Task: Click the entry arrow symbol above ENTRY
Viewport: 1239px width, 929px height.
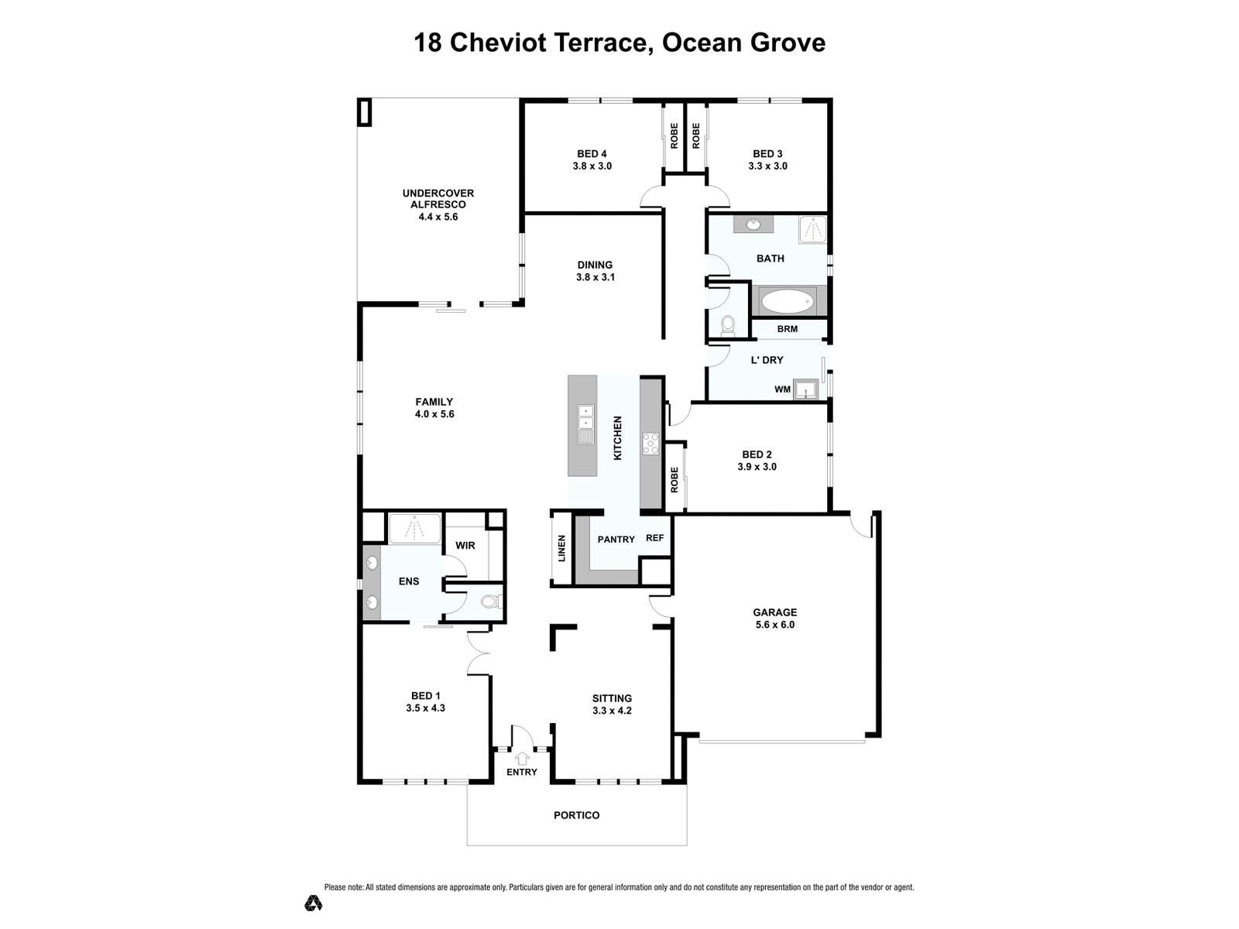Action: pyautogui.click(x=522, y=758)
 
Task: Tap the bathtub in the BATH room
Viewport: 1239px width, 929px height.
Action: pyautogui.click(x=788, y=301)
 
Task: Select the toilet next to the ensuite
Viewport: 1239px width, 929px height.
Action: pyautogui.click(x=489, y=602)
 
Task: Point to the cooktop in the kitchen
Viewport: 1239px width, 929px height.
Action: pyautogui.click(x=650, y=443)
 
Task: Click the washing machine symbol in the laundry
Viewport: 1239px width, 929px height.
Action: pyautogui.click(x=805, y=389)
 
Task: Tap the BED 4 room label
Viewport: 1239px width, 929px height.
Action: pyautogui.click(x=592, y=153)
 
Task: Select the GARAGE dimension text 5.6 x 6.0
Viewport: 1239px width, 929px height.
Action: pyautogui.click(x=774, y=625)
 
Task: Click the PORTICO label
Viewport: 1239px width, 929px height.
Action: pyautogui.click(x=576, y=816)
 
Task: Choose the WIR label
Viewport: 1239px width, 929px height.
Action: pyautogui.click(x=465, y=546)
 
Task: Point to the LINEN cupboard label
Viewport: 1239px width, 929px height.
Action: pyautogui.click(x=561, y=548)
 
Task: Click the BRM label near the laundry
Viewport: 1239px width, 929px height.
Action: pyautogui.click(x=787, y=329)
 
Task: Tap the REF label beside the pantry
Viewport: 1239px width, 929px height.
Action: pyautogui.click(x=655, y=538)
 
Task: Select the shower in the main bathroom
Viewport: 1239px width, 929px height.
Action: pyautogui.click(x=813, y=230)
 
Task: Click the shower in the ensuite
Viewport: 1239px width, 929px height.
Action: pyautogui.click(x=415, y=529)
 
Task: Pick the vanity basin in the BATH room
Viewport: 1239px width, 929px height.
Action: pyautogui.click(x=753, y=225)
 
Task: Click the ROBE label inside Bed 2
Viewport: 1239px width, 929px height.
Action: pyautogui.click(x=674, y=479)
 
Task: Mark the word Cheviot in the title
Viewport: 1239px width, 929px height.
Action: pyautogui.click(x=499, y=43)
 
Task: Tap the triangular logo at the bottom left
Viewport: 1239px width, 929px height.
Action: pyautogui.click(x=314, y=903)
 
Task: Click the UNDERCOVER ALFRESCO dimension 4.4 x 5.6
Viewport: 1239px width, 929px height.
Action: pyautogui.click(x=438, y=217)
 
